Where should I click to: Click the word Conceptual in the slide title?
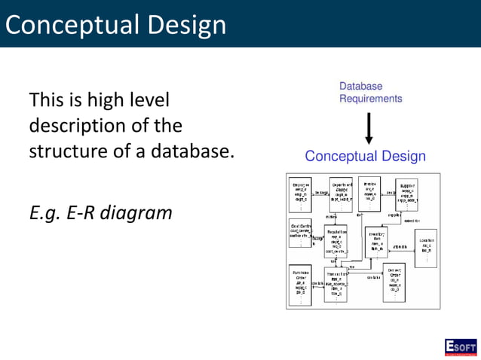(x=72, y=24)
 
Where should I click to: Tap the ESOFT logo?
(x=461, y=346)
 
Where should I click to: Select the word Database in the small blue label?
(x=360, y=87)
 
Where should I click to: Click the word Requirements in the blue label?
(x=370, y=99)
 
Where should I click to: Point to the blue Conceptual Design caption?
(x=365, y=156)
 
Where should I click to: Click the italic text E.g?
(x=46, y=212)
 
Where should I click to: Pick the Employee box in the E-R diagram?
(x=302, y=194)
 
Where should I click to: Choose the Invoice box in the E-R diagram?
(x=369, y=193)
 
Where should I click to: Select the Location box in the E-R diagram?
(x=425, y=246)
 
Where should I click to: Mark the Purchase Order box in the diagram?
(x=301, y=284)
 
